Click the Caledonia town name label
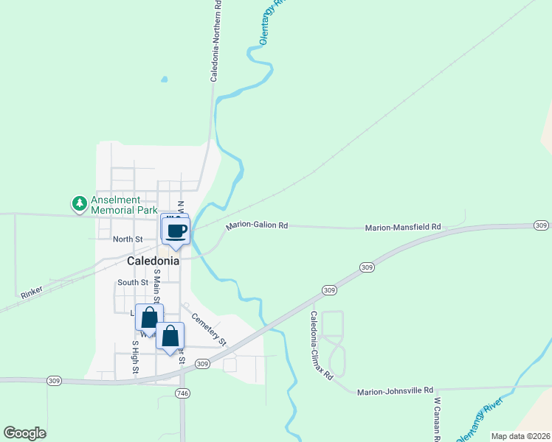(153, 261)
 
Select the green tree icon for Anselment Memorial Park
(78, 202)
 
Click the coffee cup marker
(176, 231)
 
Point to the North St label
(128, 239)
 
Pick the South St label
(133, 283)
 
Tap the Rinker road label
(32, 292)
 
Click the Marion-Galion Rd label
(257, 225)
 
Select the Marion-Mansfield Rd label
(402, 228)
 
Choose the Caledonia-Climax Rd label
(322, 345)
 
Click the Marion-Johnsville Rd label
(395, 392)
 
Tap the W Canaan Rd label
(438, 420)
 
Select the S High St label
(136, 357)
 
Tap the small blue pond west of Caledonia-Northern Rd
(164, 79)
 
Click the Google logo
(24, 433)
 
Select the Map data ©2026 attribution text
(520, 436)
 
